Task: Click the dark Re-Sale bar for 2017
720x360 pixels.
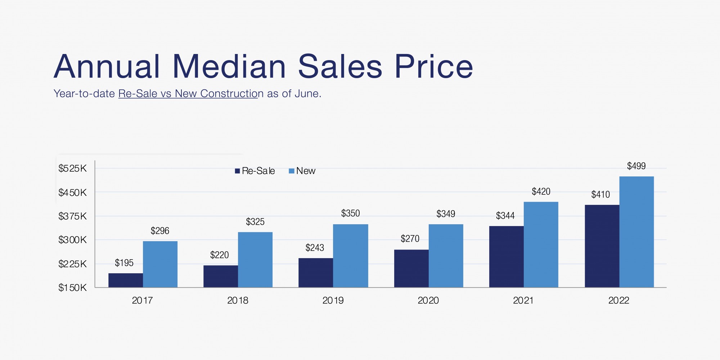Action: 126,280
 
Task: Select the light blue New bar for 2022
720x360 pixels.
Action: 636,232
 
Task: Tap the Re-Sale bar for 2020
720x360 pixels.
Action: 411,269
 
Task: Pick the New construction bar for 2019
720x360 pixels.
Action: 351,256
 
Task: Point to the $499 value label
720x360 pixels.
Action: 636,166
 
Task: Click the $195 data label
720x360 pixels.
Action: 124,263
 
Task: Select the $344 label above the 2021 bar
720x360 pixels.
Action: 505,216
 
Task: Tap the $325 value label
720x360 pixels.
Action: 255,222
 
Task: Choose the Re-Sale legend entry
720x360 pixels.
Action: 255,171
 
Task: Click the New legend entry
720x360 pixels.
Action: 302,171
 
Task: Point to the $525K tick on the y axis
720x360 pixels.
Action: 73,168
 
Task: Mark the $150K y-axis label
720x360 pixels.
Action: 73,288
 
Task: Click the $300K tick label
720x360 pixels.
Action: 73,240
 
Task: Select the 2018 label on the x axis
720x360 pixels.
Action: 238,300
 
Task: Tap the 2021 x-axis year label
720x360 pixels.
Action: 523,300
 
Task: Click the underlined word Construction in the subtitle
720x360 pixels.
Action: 229,94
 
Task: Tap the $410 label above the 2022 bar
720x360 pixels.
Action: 600,194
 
